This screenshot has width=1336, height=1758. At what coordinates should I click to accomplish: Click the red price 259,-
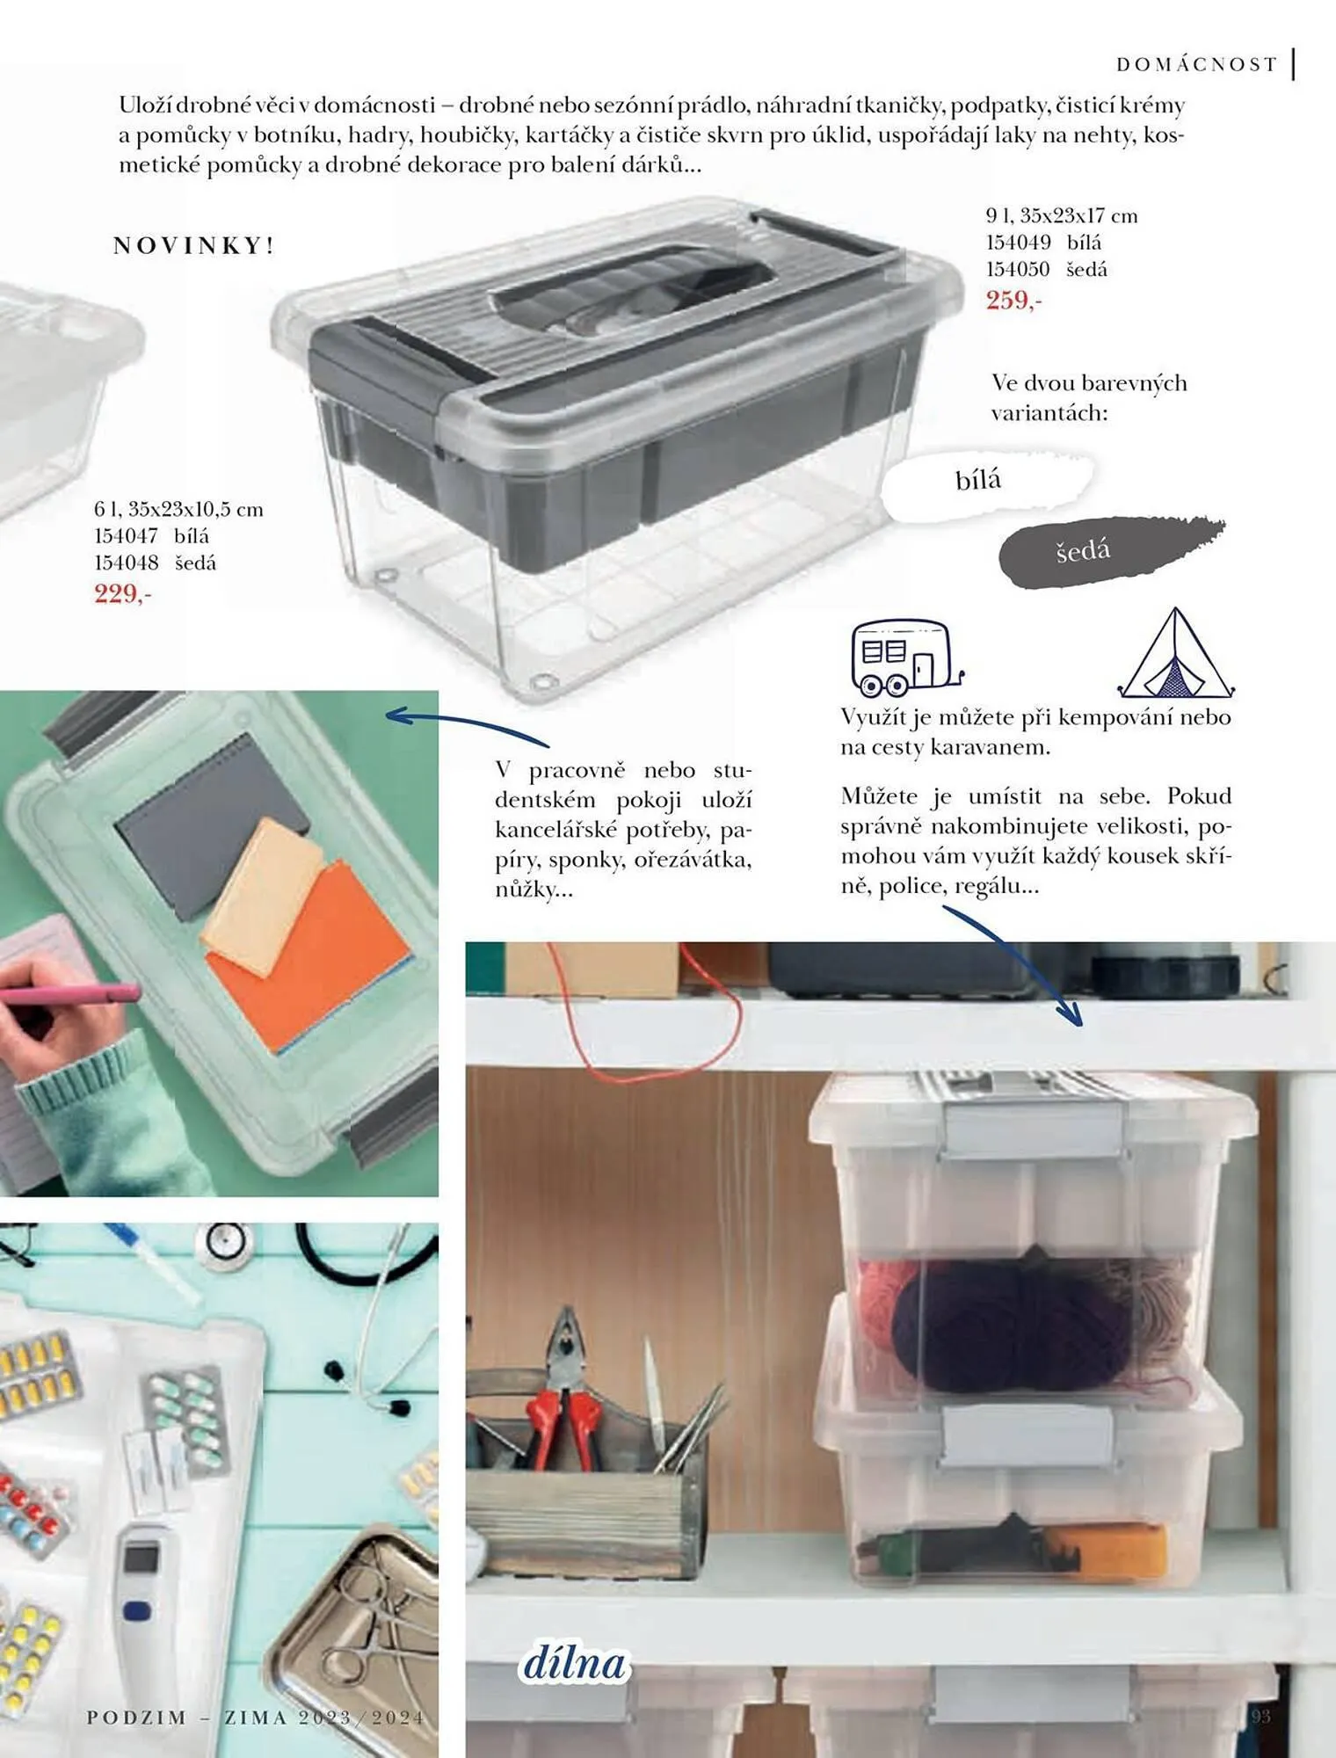(x=1013, y=300)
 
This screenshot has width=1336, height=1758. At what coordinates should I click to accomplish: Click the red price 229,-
(x=123, y=593)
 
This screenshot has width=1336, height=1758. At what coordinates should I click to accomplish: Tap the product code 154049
(x=1018, y=243)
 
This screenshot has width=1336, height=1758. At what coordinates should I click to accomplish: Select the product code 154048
(x=127, y=563)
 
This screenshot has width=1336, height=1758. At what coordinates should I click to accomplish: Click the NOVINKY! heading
(x=194, y=245)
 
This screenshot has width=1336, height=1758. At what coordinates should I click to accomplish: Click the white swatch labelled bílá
(x=987, y=483)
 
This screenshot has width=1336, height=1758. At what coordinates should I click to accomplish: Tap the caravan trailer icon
(x=906, y=657)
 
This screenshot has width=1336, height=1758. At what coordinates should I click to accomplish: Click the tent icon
(x=1176, y=654)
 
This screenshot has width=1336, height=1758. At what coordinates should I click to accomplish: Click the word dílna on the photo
(x=574, y=1663)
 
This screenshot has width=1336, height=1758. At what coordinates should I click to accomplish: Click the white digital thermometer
(x=146, y=1609)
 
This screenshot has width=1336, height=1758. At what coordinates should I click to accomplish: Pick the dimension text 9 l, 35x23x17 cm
(x=1062, y=215)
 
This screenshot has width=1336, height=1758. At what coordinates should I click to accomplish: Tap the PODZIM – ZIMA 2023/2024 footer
(x=256, y=1717)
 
